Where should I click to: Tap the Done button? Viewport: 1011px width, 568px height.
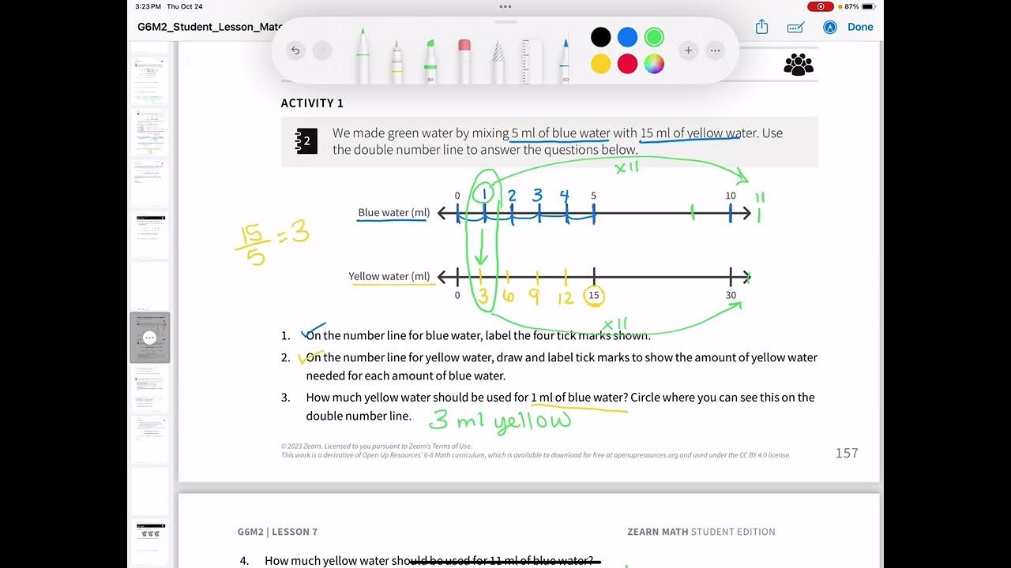pyautogui.click(x=860, y=27)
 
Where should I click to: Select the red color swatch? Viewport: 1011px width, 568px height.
pyautogui.click(x=627, y=64)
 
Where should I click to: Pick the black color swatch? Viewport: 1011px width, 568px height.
pyautogui.click(x=601, y=37)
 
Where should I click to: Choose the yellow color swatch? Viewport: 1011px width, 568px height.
pyautogui.click(x=601, y=64)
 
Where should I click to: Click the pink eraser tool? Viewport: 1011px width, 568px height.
pyautogui.click(x=464, y=60)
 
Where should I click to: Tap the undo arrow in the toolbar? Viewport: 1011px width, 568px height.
pyautogui.click(x=295, y=50)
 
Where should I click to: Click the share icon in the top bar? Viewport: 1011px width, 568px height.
pyautogui.click(x=762, y=27)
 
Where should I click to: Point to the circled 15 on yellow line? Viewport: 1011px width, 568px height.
pyautogui.click(x=593, y=296)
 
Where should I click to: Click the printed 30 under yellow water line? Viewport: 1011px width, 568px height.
pyautogui.click(x=731, y=296)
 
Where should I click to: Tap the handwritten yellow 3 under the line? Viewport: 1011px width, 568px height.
pyautogui.click(x=482, y=297)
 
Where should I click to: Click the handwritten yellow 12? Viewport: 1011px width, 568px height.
pyautogui.click(x=565, y=297)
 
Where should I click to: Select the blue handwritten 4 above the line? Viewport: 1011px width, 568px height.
pyautogui.click(x=564, y=196)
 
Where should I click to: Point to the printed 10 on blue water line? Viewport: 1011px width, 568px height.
pyautogui.click(x=731, y=196)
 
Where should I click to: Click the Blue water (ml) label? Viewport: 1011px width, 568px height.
pyautogui.click(x=394, y=213)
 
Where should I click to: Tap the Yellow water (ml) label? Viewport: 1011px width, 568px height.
pyautogui.click(x=389, y=277)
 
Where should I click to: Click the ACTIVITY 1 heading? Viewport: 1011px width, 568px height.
pyautogui.click(x=312, y=103)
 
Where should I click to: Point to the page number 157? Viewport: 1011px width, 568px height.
pyautogui.click(x=847, y=453)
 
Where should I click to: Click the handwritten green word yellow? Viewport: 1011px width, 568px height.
pyautogui.click(x=533, y=422)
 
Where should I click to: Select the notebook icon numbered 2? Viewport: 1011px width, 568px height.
pyautogui.click(x=306, y=141)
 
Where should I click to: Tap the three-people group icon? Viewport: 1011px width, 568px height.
pyautogui.click(x=799, y=64)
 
